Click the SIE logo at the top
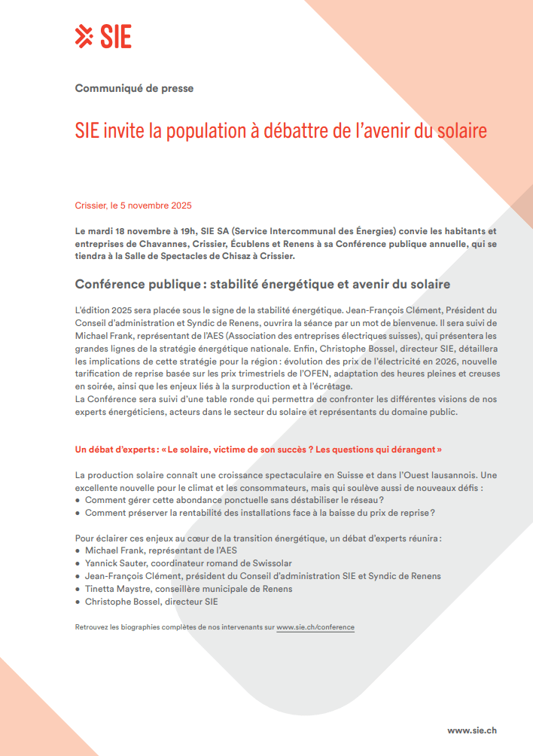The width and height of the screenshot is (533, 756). tap(104, 36)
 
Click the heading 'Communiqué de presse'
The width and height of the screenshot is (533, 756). tap(134, 88)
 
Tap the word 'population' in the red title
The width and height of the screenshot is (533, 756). tap(204, 131)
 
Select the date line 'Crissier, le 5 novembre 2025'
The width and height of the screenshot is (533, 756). tap(133, 206)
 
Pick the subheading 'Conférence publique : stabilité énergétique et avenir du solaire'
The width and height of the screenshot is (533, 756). tap(262, 284)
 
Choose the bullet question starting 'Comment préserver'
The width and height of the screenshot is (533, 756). tap(260, 513)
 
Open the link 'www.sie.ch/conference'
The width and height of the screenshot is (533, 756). tap(315, 627)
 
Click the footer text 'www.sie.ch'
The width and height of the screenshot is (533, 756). tap(471, 730)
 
